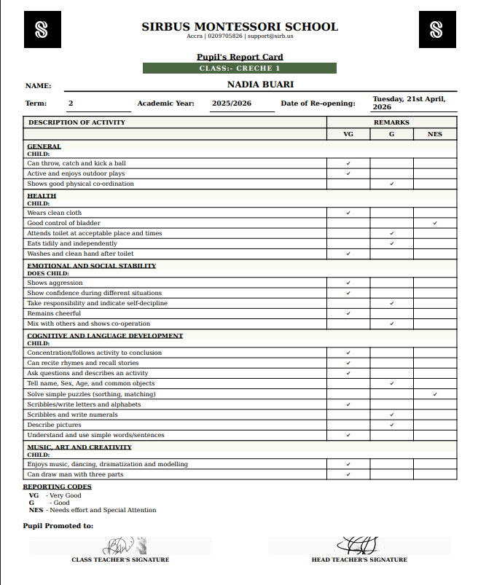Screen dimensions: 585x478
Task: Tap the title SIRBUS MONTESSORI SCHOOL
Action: [x=240, y=27]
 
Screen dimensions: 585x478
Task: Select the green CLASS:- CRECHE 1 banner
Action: [x=240, y=68]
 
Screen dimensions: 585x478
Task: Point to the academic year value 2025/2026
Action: [x=232, y=103]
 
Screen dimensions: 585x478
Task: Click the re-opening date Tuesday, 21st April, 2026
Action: [x=409, y=103]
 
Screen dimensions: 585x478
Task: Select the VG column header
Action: [x=348, y=134]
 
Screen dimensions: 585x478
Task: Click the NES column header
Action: [x=435, y=134]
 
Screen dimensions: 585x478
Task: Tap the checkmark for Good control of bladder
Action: [x=435, y=223]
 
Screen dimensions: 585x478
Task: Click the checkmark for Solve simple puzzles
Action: [x=435, y=394]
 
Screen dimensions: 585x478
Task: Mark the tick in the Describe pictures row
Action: [x=392, y=425]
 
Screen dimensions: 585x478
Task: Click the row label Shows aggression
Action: [x=55, y=283]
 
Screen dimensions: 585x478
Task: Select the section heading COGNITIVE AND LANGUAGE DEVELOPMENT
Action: [x=105, y=336]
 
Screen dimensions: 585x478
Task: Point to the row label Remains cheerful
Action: [x=55, y=313]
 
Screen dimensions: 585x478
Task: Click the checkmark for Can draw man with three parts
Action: [x=348, y=474]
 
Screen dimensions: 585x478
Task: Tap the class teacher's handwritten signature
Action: [x=120, y=545]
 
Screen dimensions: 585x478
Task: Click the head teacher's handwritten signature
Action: [x=358, y=544]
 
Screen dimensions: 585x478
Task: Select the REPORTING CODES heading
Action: [x=57, y=487]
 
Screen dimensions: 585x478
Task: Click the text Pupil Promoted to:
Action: [x=58, y=525]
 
